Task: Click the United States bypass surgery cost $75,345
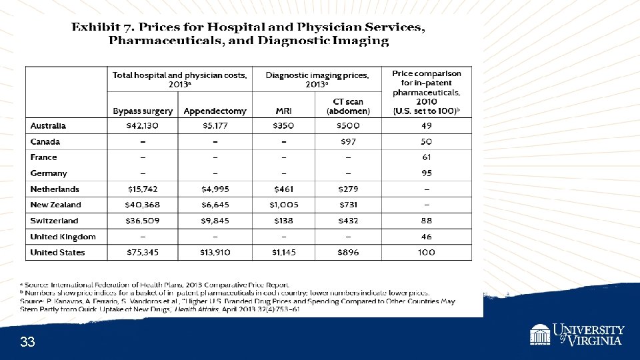[x=143, y=253]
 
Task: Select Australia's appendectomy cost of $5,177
[x=215, y=126]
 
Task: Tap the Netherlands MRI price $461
[x=284, y=189]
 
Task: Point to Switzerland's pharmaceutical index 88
[x=427, y=221]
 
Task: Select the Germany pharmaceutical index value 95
[x=427, y=173]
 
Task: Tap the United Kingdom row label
[x=63, y=237]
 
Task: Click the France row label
[x=44, y=157]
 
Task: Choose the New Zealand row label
[x=55, y=205]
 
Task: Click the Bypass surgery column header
[x=143, y=111]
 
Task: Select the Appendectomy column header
[x=215, y=111]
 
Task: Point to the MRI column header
[x=284, y=111]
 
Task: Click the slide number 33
[x=27, y=343]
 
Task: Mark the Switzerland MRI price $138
[x=284, y=221]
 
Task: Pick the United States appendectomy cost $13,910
[x=215, y=253]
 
